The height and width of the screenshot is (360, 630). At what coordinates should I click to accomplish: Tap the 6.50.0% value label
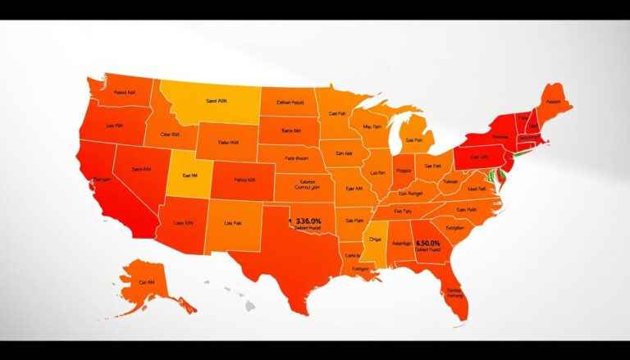pyautogui.click(x=428, y=244)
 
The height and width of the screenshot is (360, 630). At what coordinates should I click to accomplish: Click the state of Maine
pyautogui.click(x=555, y=102)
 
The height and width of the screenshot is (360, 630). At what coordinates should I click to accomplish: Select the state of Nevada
pyautogui.click(x=139, y=172)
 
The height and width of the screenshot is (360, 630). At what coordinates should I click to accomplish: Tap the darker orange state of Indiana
pyautogui.click(x=402, y=175)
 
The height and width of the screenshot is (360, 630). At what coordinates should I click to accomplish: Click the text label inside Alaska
pyautogui.click(x=148, y=281)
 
